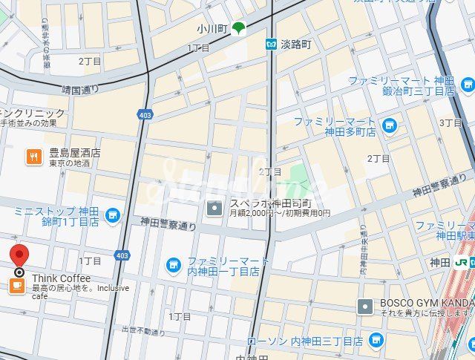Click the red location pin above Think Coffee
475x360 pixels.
tap(19, 257)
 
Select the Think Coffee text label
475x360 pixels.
tap(61, 278)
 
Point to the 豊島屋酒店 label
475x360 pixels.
tap(75, 153)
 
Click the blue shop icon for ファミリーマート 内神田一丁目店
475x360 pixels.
tap(173, 264)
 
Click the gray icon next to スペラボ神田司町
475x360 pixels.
tap(214, 208)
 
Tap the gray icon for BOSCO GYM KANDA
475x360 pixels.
tap(365, 306)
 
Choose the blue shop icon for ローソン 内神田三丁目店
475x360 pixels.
tap(376, 341)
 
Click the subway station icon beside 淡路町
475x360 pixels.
tap(272, 45)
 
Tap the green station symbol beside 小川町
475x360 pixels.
tap(238, 29)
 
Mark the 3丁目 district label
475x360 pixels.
tap(451, 122)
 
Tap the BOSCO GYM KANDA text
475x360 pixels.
tap(427, 303)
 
